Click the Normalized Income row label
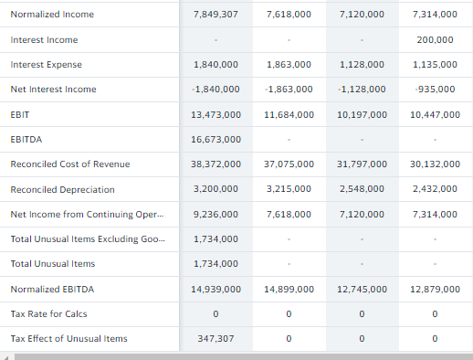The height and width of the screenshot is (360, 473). coord(52,16)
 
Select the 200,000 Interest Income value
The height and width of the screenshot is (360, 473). coord(435,40)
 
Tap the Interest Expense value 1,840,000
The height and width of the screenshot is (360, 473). coord(216,65)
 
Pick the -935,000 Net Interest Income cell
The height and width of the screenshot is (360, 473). coord(435,90)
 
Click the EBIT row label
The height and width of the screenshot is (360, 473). coord(20,114)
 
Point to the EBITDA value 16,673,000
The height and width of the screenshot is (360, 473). coord(216,140)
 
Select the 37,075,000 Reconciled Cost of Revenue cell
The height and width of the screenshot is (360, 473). coord(289,164)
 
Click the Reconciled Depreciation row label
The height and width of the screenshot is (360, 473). coord(63,189)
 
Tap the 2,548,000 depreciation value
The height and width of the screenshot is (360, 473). coord(362,189)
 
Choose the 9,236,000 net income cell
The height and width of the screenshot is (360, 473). coord(216,214)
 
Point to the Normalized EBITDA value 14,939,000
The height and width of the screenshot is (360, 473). coord(216,289)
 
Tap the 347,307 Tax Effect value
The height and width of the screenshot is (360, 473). coord(216,338)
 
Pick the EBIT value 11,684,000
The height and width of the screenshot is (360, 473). coord(289,114)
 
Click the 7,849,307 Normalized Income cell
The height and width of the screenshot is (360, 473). coord(216,16)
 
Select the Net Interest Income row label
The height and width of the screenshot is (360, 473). coord(53,90)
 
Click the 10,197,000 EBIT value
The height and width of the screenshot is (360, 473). coord(362,114)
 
